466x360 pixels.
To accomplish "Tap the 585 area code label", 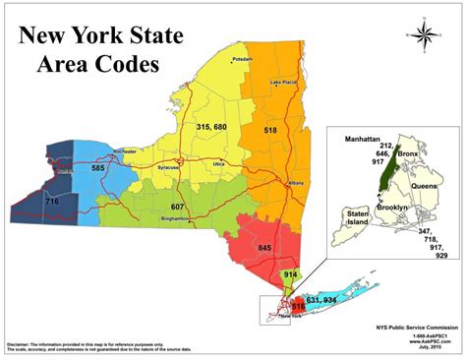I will pyautogui.click(x=70, y=169).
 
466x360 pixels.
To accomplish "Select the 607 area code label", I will pyautogui.click(x=178, y=207).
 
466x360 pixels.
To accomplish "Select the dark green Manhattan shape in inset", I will pyautogui.click(x=381, y=167).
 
